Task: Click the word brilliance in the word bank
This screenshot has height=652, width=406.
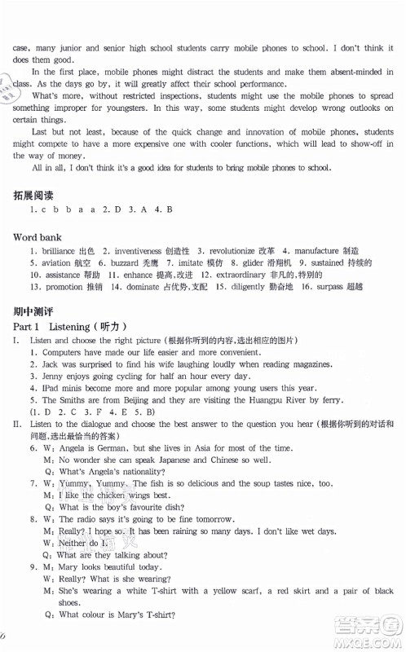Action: point(57,251)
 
